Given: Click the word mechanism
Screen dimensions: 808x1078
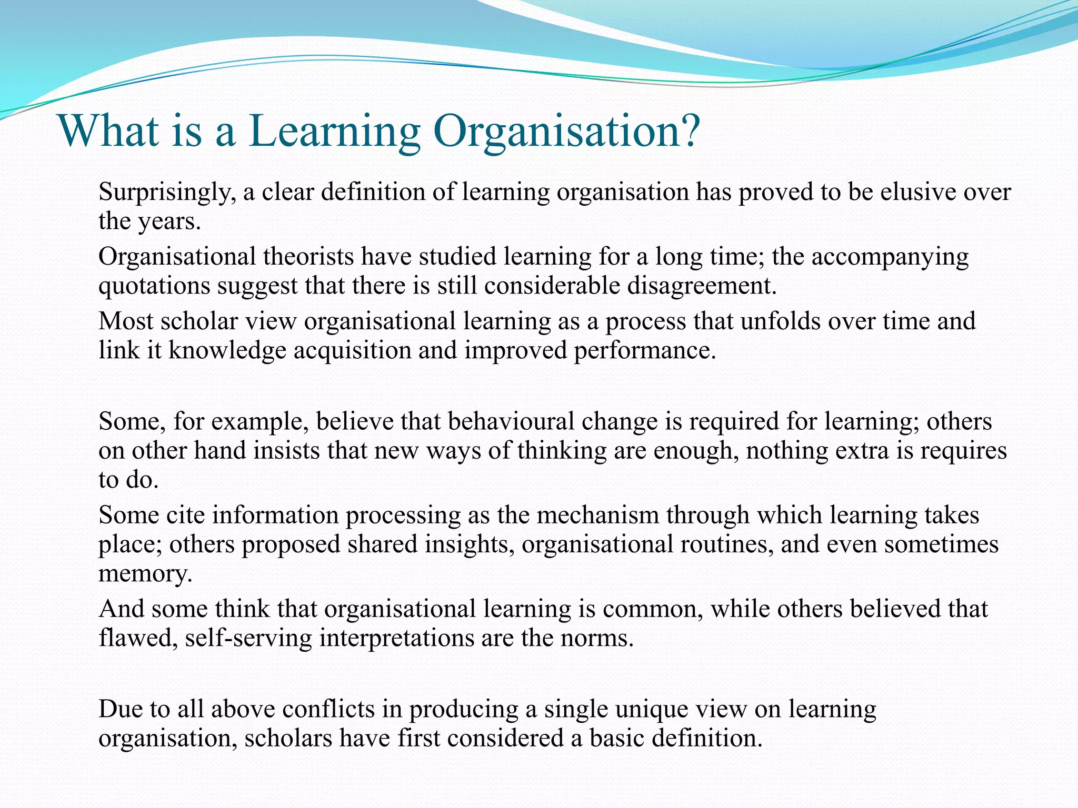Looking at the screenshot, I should (598, 515).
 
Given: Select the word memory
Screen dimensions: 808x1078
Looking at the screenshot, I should (145, 574).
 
